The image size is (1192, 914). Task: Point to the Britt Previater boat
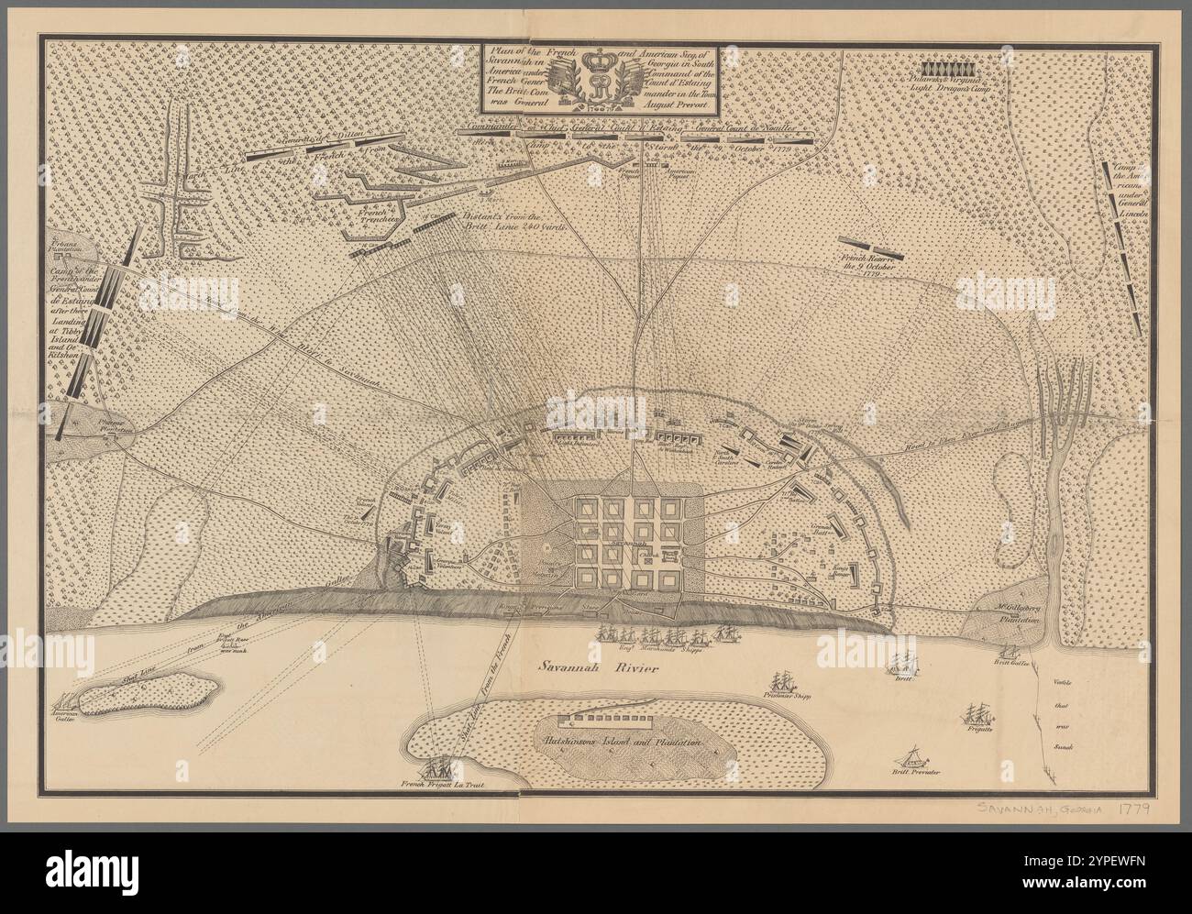click(913, 756)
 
